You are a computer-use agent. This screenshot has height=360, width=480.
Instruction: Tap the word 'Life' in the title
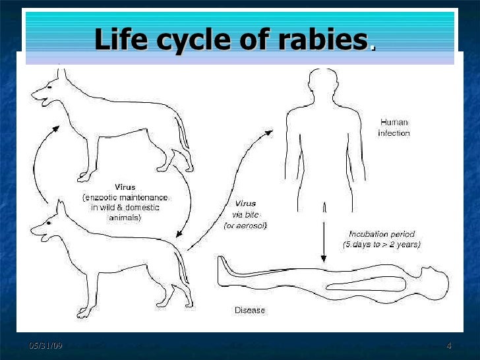coord(121,41)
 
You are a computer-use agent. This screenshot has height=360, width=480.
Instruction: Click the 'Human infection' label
coord(394,127)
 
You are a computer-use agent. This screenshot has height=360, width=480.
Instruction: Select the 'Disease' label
coord(251,309)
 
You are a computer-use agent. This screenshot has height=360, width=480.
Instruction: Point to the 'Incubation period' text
coord(380,234)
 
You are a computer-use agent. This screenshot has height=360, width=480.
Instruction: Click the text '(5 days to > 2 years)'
coord(381,245)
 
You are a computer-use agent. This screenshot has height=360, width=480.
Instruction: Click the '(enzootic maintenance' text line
coord(125,197)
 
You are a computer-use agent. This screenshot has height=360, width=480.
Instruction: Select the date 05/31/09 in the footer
coord(45,347)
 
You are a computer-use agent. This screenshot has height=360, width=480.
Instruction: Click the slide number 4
coord(449,347)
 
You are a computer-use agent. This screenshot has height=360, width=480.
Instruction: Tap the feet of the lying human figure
coord(224,270)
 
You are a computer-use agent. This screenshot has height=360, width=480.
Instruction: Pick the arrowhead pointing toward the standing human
coord(268,133)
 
